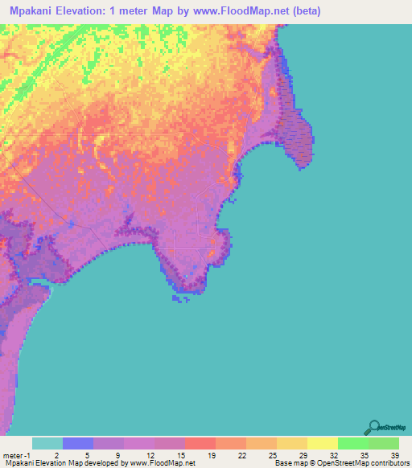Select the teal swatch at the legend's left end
(47, 443)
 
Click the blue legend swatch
(78, 443)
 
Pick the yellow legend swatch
(322, 443)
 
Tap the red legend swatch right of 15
(200, 443)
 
